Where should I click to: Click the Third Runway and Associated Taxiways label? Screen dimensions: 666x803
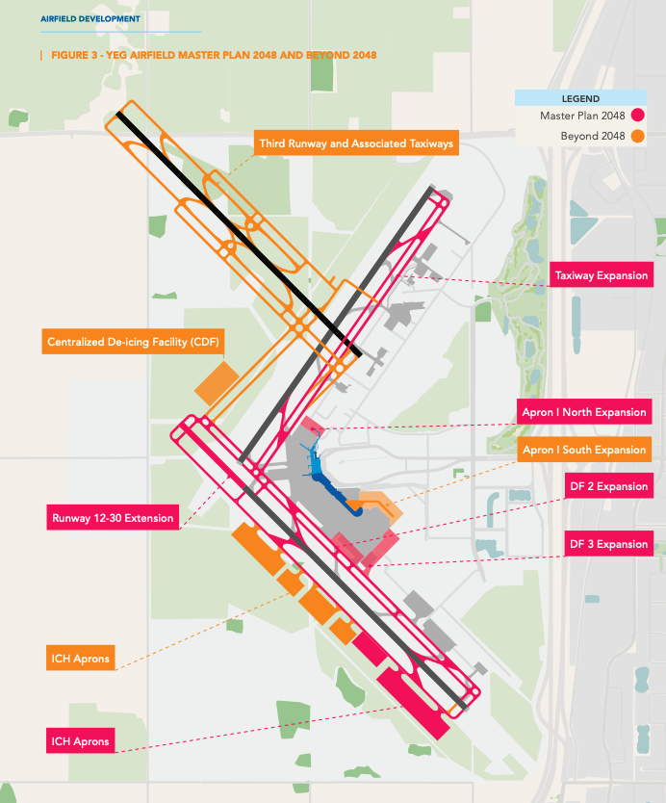point(356,142)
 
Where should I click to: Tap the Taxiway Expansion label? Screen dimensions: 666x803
point(602,275)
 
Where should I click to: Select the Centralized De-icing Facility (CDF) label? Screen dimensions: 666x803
point(133,342)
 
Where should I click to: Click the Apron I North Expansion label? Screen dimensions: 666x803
point(584,412)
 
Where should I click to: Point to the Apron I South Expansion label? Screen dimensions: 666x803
point(584,450)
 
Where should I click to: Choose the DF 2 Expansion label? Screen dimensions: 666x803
point(608,486)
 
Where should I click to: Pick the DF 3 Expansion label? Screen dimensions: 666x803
point(608,544)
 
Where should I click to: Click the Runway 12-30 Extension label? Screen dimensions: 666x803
point(113,517)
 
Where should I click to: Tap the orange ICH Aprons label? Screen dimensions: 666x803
point(81,658)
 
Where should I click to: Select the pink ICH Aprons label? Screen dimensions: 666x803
point(81,740)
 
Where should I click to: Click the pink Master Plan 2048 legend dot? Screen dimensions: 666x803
point(637,116)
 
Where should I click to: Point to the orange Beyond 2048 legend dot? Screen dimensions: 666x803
point(637,136)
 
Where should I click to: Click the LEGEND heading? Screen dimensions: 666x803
point(580,99)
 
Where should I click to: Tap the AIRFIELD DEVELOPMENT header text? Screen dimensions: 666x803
point(90,19)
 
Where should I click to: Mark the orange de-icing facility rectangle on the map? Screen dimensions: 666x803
point(218,383)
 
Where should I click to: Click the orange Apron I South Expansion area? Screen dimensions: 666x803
point(381,506)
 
